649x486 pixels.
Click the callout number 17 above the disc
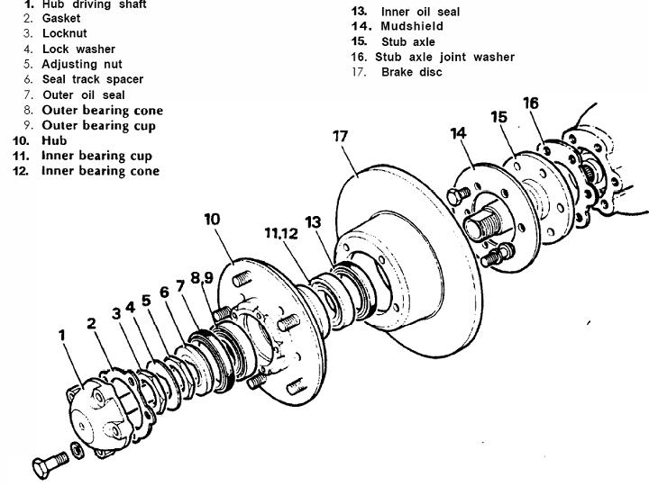(340, 137)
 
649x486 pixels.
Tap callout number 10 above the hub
(212, 219)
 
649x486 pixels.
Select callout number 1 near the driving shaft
(62, 335)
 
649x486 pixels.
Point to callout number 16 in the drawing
(531, 103)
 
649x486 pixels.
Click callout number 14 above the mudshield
(459, 133)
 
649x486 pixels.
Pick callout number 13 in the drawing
(313, 221)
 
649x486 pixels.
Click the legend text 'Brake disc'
(412, 72)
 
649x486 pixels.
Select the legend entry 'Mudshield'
(412, 26)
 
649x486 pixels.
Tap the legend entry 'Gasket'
(61, 18)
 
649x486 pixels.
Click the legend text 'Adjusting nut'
(82, 64)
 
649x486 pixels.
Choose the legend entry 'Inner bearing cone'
(100, 171)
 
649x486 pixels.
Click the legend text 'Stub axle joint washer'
(445, 57)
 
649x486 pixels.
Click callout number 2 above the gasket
(91, 322)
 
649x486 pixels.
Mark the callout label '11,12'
(281, 233)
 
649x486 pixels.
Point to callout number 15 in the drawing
(499, 117)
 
